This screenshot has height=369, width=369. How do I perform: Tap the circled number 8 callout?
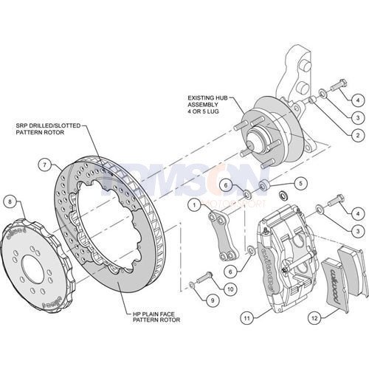[10, 201]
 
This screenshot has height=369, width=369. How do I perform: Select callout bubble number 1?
[194, 203]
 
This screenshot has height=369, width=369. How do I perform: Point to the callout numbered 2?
[356, 136]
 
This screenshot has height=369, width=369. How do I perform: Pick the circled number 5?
[299, 182]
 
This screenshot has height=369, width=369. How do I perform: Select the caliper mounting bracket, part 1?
[219, 236]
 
